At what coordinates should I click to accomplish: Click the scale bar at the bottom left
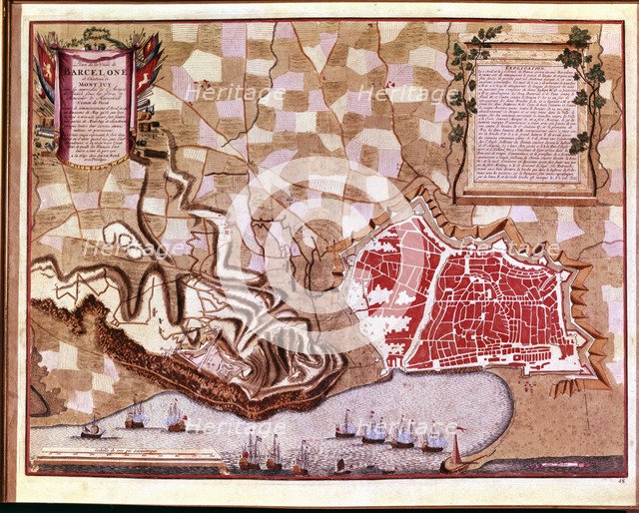128,460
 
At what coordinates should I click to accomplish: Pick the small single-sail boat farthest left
91,429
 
